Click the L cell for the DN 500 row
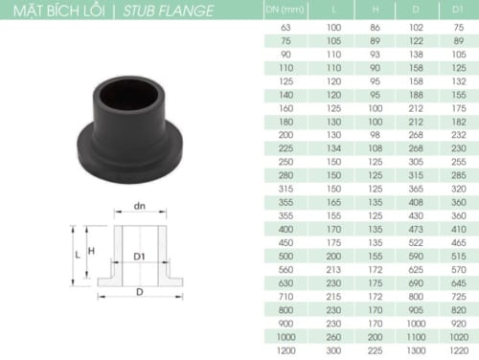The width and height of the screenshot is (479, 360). pyautogui.click(x=333, y=258)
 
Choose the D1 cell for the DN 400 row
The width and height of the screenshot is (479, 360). pyautogui.click(x=457, y=231)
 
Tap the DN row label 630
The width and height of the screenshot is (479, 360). pyautogui.click(x=284, y=283)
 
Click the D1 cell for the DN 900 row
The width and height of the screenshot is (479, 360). pyautogui.click(x=457, y=324)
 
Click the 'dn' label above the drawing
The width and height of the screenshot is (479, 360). pyautogui.click(x=139, y=207)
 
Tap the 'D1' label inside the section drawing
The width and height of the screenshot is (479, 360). pyautogui.click(x=139, y=257)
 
